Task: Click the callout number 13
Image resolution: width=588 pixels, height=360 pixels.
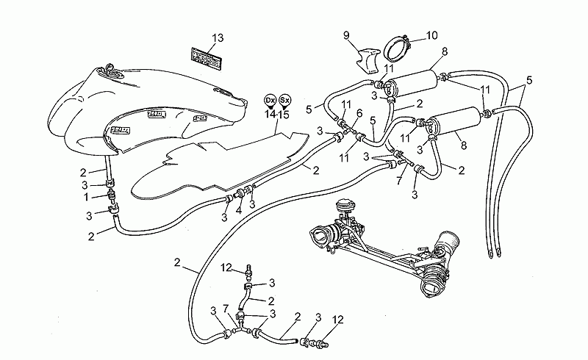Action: click(218, 38)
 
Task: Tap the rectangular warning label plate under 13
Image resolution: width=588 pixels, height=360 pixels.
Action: click(206, 57)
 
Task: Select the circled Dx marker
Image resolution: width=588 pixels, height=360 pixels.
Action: click(270, 101)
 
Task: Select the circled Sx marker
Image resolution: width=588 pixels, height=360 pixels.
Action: click(285, 100)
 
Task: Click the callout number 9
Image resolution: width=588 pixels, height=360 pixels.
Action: click(346, 35)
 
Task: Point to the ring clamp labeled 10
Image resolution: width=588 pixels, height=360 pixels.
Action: click(396, 48)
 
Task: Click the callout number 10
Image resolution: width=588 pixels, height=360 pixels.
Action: click(431, 35)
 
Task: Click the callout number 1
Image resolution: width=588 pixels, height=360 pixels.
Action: click(86, 197)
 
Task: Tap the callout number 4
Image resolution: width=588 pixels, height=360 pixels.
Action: click(238, 211)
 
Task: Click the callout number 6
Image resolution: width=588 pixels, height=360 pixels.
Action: click(359, 113)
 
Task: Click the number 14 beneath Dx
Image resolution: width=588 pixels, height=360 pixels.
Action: click(270, 114)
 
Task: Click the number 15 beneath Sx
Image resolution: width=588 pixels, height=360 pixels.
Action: click(284, 115)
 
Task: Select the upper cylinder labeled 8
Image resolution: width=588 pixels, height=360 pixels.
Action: click(412, 83)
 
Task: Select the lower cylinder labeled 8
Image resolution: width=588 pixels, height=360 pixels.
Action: click(454, 121)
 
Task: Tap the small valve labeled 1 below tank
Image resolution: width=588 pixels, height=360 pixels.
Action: click(111, 195)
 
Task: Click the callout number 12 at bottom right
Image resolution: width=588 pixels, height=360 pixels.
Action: click(338, 320)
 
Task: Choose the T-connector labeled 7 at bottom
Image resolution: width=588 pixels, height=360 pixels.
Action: click(240, 325)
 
